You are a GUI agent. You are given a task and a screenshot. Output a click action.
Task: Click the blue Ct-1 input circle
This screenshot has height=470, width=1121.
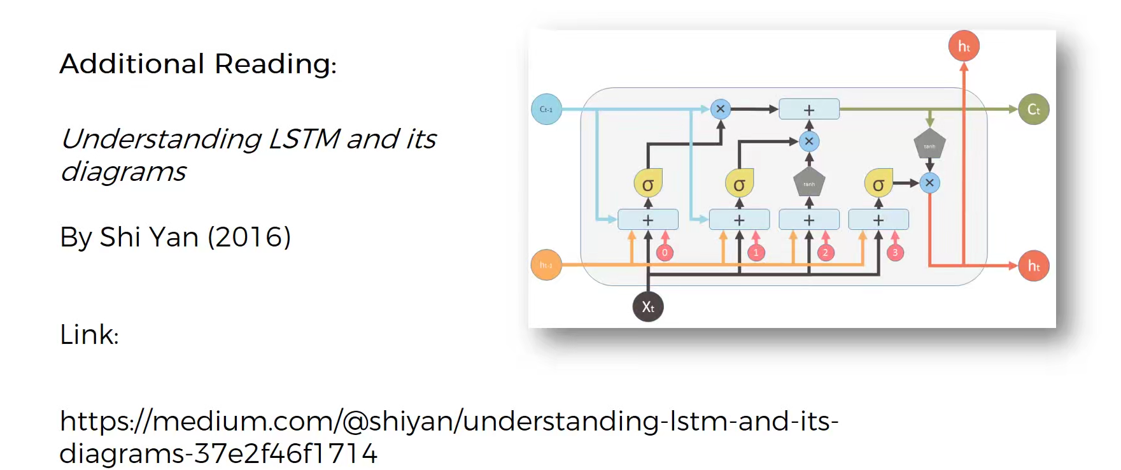(546, 109)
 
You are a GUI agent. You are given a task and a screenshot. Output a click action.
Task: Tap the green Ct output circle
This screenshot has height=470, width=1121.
(1033, 110)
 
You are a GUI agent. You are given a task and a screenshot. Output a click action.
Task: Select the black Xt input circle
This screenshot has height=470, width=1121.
(648, 307)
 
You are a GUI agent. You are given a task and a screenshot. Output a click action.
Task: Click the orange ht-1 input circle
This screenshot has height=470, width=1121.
(546, 265)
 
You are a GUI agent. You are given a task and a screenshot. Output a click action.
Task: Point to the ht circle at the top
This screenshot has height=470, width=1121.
(964, 46)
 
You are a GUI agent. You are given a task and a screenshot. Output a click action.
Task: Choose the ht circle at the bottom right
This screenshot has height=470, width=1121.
(1033, 266)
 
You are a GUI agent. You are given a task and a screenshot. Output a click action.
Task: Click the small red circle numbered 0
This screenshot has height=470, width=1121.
(665, 253)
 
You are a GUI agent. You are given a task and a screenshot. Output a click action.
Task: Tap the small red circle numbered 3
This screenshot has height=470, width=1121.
(895, 253)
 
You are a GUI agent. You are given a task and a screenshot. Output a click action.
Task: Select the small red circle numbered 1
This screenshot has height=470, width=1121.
(756, 253)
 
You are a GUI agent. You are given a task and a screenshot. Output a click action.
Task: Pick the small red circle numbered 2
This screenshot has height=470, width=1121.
(826, 253)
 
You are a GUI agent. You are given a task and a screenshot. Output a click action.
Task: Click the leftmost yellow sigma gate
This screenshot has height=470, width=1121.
(648, 184)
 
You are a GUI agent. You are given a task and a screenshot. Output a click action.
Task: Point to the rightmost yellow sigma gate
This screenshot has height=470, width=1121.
(878, 184)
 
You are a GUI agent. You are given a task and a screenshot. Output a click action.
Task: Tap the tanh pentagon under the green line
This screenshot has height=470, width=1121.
(929, 145)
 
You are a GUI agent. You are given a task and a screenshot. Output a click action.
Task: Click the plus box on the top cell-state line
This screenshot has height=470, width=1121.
(809, 110)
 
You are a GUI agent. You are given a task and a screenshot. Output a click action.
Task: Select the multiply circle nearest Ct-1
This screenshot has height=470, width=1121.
(720, 109)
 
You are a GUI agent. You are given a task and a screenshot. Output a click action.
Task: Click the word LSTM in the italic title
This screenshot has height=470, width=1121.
(304, 139)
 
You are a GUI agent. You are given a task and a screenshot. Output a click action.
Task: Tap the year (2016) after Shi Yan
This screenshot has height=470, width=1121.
(249, 237)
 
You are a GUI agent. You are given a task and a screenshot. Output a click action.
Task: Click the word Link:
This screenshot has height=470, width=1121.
(89, 334)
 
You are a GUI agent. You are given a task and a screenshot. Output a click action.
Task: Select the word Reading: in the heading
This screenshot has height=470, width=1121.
(275, 64)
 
